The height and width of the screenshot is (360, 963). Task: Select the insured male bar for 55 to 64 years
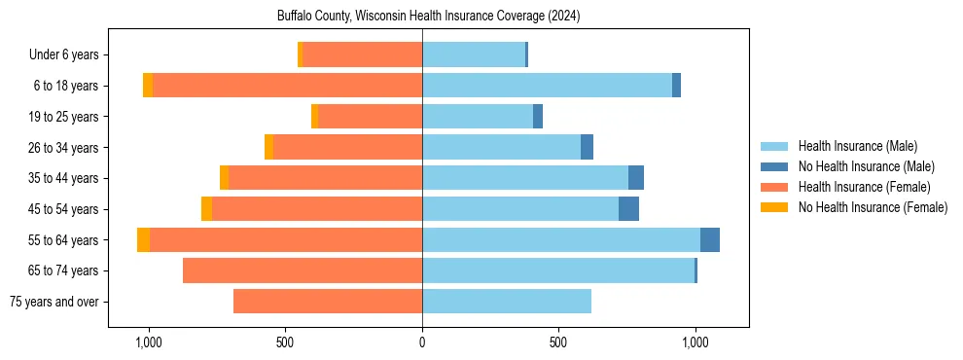560,239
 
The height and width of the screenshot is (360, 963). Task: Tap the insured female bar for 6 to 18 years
287,86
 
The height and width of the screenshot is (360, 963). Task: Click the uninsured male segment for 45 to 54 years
628,209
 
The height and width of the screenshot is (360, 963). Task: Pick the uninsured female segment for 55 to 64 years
143,239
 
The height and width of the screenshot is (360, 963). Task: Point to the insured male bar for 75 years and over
506,302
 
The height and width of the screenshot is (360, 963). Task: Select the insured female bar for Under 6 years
362,54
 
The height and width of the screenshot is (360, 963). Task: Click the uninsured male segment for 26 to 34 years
587,147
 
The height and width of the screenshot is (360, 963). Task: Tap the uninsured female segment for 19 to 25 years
314,117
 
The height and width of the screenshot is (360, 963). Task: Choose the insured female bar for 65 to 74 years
302,270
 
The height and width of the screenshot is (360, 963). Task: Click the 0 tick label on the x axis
422,342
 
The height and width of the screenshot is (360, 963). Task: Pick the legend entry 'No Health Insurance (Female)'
873,207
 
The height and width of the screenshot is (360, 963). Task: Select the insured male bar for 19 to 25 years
477,117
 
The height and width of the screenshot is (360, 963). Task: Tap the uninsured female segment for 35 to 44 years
225,178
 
